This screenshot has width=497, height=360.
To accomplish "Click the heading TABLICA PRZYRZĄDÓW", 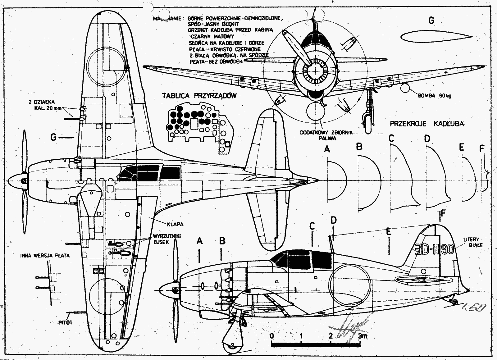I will (x=199, y=96).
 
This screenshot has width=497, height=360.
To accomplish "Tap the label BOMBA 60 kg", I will (x=435, y=96).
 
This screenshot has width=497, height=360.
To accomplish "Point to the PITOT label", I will (x=66, y=322).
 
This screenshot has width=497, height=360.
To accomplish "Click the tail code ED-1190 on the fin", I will (x=435, y=250).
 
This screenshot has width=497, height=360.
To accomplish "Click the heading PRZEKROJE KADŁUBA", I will (x=426, y=124).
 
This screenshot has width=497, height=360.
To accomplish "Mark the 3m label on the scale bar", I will (x=362, y=336).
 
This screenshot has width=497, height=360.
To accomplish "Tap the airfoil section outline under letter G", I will (x=429, y=37).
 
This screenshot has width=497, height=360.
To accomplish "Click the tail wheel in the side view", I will (x=454, y=301).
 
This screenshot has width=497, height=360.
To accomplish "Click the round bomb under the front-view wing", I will (x=405, y=88).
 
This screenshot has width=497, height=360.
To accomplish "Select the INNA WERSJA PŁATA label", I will (x=45, y=255).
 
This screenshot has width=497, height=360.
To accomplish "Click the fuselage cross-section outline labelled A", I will (x=337, y=180).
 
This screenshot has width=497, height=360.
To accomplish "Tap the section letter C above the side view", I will (x=312, y=226).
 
